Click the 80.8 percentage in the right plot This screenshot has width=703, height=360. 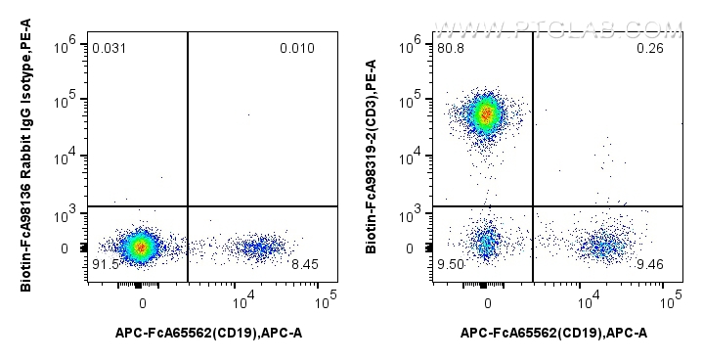[451, 48]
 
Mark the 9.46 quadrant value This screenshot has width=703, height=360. [650, 264]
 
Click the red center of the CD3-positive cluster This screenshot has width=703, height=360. [485, 113]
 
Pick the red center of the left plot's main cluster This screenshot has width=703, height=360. [141, 247]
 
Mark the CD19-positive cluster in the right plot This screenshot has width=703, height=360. [605, 246]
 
